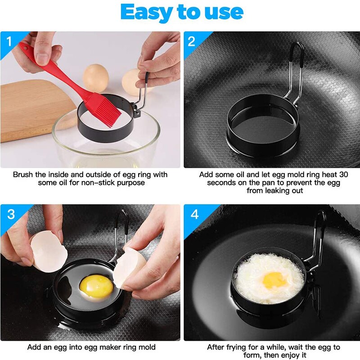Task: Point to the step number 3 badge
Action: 10,214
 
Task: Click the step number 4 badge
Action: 194,214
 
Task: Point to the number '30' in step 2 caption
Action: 343,174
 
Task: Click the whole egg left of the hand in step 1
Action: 96,77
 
